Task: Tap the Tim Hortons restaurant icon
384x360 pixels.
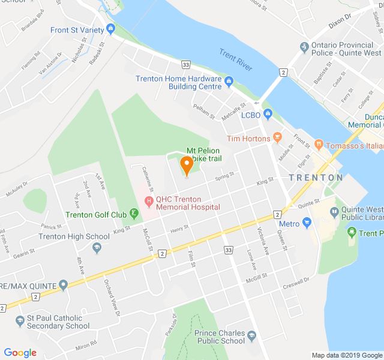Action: tap(277, 137)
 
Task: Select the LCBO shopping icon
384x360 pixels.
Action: tap(268, 114)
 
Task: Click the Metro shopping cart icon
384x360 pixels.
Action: tap(307, 223)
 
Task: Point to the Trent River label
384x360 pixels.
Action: tap(235, 60)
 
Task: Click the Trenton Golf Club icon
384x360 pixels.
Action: tap(134, 214)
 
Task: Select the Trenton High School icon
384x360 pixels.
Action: tap(97, 247)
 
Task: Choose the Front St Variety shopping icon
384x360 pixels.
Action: tap(110, 29)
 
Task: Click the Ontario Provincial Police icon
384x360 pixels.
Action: tap(304, 46)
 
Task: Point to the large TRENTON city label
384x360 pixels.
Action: tap(316, 178)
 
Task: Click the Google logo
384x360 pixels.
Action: tap(20, 352)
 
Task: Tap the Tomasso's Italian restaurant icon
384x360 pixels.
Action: tap(318, 145)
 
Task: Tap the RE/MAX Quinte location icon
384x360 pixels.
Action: tap(64, 284)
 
